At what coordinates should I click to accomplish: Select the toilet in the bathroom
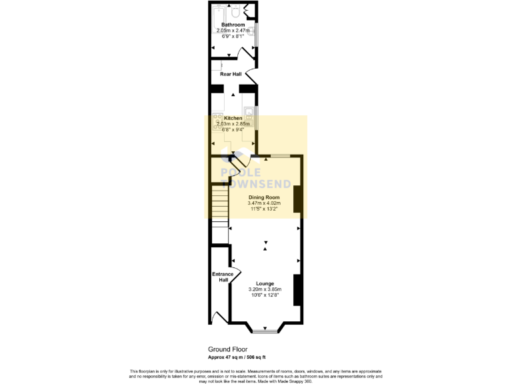236,11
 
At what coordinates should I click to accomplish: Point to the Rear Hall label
231,74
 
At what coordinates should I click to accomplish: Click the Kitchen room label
233,118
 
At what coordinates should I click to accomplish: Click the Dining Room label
264,198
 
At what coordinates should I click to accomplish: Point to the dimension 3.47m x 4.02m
264,203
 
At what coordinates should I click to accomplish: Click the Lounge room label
265,283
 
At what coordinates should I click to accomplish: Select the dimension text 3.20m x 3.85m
265,289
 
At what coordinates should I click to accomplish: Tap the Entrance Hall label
223,277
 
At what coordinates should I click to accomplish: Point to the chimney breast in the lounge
298,289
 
